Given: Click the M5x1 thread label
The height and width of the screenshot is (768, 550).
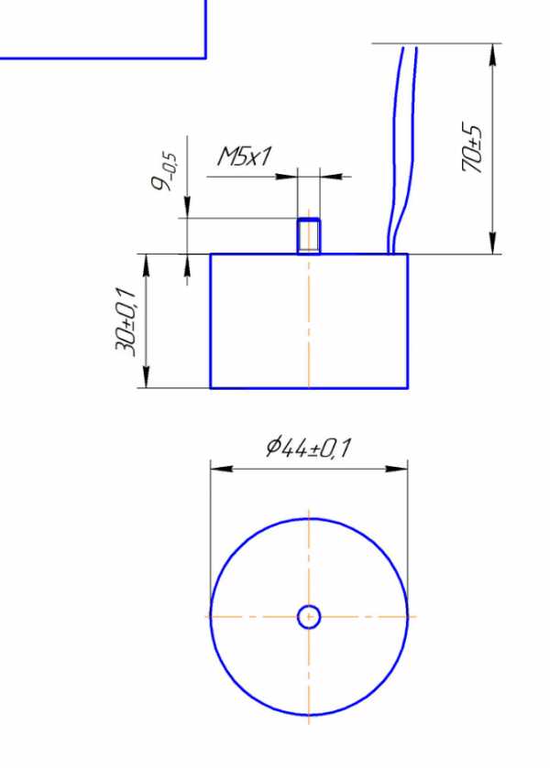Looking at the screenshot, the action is tap(244, 157).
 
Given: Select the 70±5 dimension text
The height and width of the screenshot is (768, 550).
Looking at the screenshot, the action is tap(472, 147).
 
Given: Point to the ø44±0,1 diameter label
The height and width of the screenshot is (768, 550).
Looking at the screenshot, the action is tap(309, 447).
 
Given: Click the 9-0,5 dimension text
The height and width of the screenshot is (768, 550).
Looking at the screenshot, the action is tap(164, 171).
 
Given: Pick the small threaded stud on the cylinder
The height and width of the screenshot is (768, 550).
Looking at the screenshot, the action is tap(309, 236).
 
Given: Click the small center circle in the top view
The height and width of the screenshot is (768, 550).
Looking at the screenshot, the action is tap(309, 617).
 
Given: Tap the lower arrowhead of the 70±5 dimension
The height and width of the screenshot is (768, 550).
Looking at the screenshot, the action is tap(492, 243).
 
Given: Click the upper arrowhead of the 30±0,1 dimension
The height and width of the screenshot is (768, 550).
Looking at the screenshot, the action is tap(146, 265).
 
